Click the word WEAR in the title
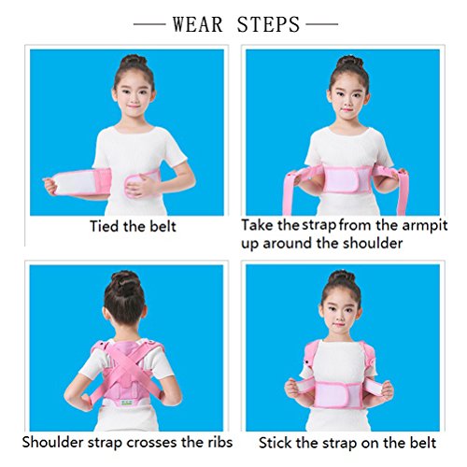click(198, 24)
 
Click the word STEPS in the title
click(268, 24)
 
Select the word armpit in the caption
click(424, 226)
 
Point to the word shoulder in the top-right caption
click(373, 243)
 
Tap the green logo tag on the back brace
click(127, 403)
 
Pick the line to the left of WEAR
click(149, 24)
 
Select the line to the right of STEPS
click(322, 24)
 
